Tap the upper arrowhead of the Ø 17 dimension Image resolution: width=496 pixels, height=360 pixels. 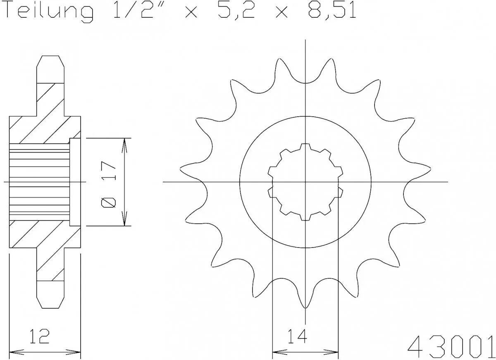pos(124,143)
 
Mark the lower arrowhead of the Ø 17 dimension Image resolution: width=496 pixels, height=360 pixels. pos(124,222)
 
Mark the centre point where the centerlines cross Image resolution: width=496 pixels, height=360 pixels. pos(305,182)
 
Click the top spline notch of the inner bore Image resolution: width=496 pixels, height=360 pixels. pos(305,146)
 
